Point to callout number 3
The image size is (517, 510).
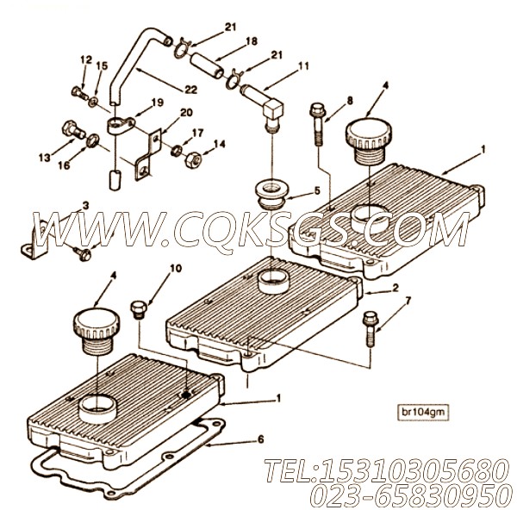pyautogui.click(x=84, y=205)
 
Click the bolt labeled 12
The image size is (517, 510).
pyautogui.click(x=76, y=90)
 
